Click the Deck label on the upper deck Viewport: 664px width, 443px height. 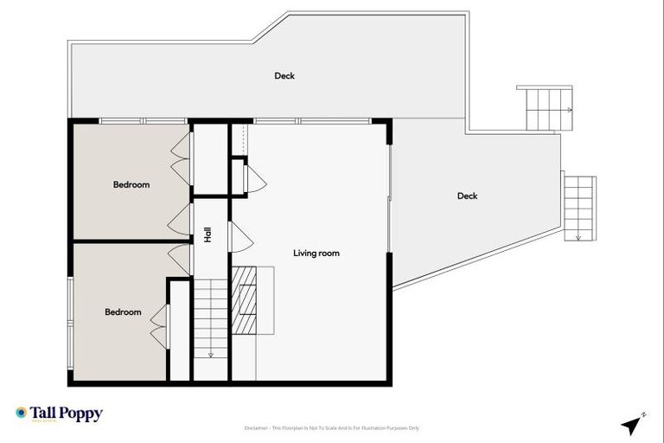[x=284, y=76]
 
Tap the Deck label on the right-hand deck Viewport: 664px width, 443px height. [x=467, y=196]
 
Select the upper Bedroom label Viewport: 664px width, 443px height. [x=131, y=184]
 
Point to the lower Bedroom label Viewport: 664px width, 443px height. [x=123, y=312]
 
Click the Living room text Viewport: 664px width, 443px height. [x=316, y=254]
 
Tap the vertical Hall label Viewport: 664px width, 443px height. [x=208, y=234]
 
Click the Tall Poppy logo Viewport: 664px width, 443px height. [x=59, y=414]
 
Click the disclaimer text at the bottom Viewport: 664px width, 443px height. [x=332, y=428]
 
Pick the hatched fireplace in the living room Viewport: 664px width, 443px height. [x=246, y=299]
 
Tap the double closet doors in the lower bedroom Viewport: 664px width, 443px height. [x=158, y=325]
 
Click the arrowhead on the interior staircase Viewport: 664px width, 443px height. [x=209, y=354]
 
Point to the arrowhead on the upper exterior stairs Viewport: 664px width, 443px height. [x=570, y=110]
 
